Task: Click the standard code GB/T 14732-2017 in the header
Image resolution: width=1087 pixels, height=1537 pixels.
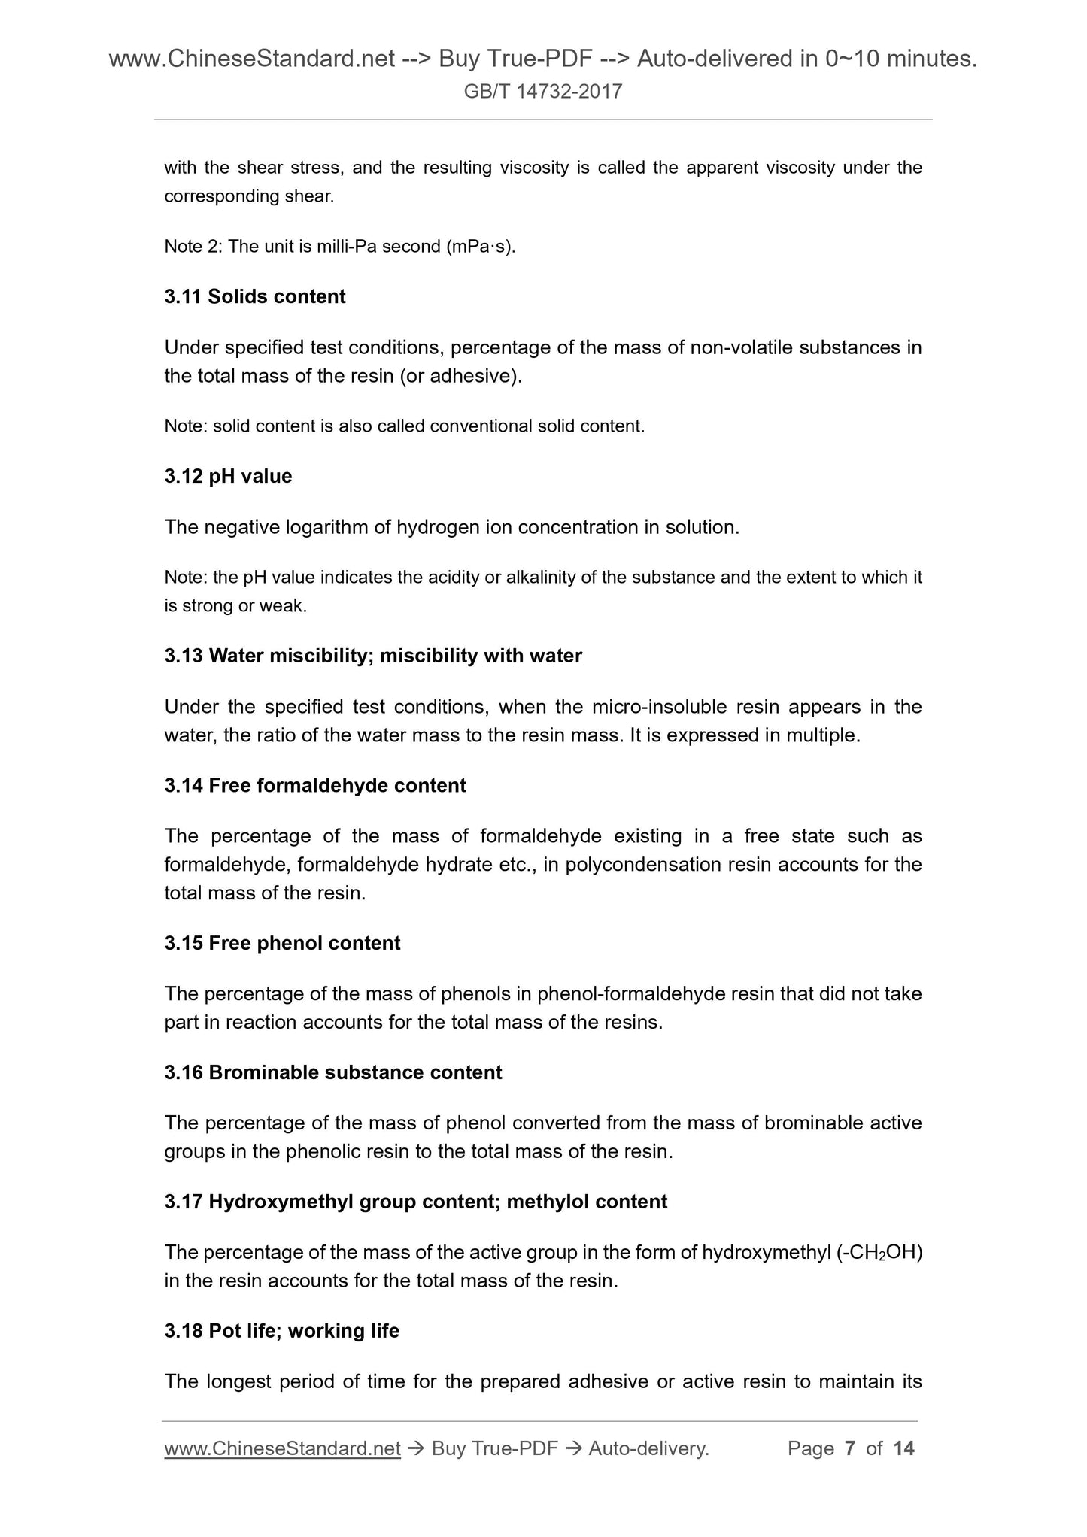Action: (543, 92)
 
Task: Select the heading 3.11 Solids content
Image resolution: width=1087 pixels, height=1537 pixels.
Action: (255, 296)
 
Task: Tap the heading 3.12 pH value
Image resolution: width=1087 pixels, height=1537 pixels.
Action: (228, 476)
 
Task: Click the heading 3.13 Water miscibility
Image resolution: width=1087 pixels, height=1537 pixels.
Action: (373, 656)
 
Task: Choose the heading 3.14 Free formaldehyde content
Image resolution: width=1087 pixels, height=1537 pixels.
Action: (315, 785)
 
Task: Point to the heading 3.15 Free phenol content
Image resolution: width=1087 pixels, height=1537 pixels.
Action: (282, 943)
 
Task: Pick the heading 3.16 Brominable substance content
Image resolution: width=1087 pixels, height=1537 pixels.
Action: (333, 1072)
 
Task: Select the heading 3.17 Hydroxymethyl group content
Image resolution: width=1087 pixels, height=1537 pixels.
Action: (415, 1201)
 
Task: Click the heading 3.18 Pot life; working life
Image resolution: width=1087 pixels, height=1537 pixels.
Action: (282, 1330)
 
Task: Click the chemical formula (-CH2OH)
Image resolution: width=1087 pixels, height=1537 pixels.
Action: (879, 1252)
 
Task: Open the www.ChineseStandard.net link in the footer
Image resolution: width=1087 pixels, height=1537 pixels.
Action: (282, 1448)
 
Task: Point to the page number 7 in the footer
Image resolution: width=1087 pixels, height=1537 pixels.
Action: (850, 1448)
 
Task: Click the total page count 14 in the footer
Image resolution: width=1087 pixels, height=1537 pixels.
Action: (903, 1448)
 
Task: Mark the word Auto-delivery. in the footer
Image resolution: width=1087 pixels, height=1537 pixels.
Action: (648, 1448)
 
